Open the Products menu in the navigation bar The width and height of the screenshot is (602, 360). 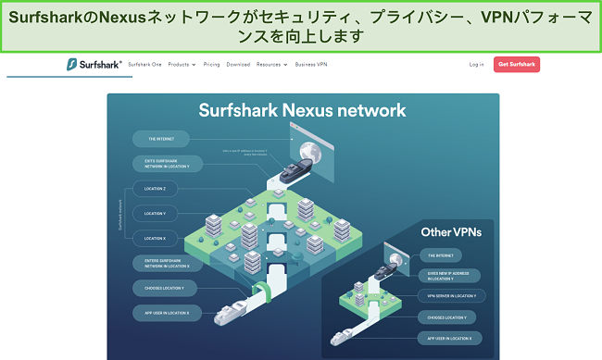182,65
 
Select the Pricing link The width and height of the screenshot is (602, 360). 211,65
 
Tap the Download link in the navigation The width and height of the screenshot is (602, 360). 238,65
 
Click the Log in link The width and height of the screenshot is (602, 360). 476,65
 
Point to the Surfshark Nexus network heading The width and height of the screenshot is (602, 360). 302,111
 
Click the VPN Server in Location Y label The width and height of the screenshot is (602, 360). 451,295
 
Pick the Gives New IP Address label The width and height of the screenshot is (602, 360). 451,275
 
